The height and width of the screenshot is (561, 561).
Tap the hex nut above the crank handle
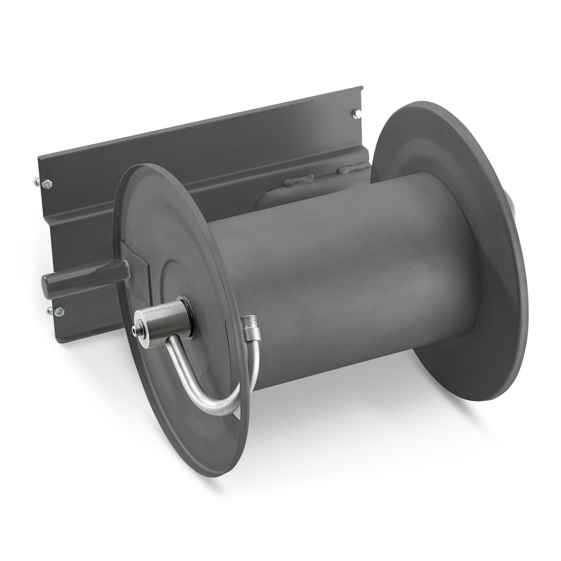tap(47, 183)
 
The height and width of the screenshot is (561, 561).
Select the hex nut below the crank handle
tap(58, 311)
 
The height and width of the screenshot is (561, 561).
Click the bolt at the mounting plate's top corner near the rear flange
tap(357, 114)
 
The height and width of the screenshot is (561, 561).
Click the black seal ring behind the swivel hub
tap(188, 317)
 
